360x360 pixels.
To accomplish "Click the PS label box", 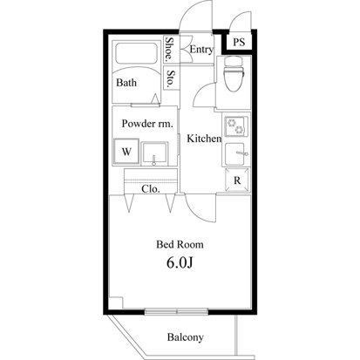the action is (x=239, y=42).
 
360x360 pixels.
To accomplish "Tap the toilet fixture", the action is (x=233, y=74).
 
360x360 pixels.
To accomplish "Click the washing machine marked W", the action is (x=126, y=152).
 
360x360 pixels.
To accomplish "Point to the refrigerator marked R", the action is (x=237, y=180).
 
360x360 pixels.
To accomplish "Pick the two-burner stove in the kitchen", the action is (x=235, y=126).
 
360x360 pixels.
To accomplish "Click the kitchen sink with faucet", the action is (x=237, y=154).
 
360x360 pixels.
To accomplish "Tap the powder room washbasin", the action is (x=155, y=153).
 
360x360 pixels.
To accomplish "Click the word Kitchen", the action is (x=204, y=139).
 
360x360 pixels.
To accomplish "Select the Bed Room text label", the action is (x=180, y=244).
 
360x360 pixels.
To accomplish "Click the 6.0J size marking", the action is (x=180, y=262).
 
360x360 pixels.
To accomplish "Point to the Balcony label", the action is (x=186, y=337).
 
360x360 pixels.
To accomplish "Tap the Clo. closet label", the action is (x=151, y=189).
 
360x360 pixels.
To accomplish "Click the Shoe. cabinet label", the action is (x=169, y=50).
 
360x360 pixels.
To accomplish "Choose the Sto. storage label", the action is (x=171, y=78).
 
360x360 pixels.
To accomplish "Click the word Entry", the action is (x=201, y=50).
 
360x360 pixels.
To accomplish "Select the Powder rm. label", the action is (x=147, y=124).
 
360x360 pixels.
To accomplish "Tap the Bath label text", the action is (x=126, y=83).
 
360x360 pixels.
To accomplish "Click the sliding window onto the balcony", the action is (x=177, y=312).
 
